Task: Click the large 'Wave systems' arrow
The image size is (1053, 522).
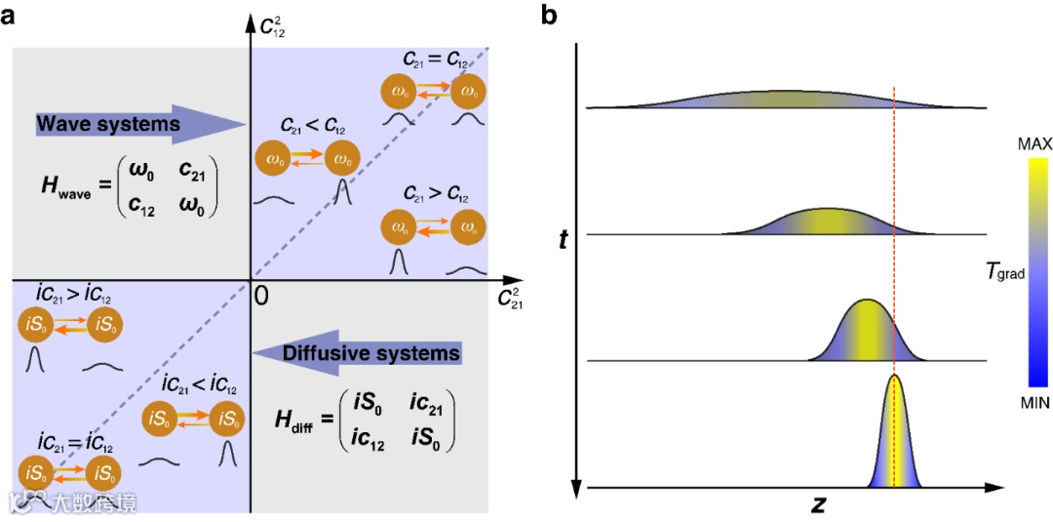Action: pos(136,124)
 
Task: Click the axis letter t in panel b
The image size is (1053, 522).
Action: pos(563,238)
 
